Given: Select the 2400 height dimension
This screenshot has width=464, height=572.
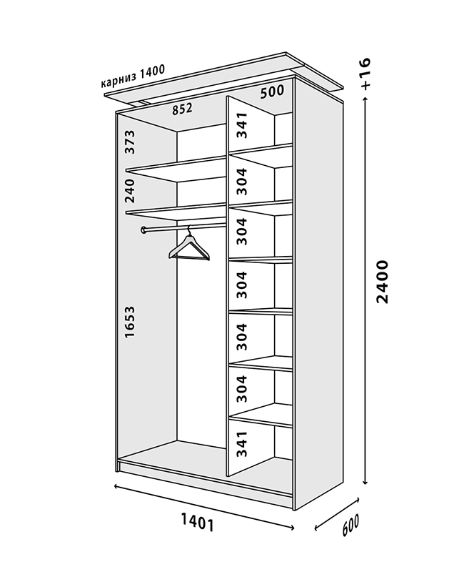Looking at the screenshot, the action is click(383, 282).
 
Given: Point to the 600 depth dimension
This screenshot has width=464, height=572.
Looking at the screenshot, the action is click(350, 525).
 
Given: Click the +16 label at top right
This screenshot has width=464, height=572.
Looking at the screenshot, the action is click(365, 73).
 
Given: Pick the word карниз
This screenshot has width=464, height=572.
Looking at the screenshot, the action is click(118, 80).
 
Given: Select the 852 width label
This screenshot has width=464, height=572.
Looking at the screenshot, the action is click(182, 109).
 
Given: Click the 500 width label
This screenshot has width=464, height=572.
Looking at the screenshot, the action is click(272, 92).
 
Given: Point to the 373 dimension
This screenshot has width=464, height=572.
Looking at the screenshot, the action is click(130, 142).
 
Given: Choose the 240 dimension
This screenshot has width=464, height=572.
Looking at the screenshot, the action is click(130, 191).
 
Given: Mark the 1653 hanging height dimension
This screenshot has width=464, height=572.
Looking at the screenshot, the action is click(130, 322).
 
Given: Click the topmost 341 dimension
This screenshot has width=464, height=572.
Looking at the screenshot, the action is click(242, 125).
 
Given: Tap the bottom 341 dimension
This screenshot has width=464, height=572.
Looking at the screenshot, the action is click(242, 444).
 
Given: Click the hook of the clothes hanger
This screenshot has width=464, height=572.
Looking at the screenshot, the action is click(188, 230).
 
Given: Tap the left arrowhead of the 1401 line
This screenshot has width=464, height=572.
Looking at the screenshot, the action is click(116, 486).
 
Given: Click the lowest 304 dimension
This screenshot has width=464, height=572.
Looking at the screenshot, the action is click(242, 389).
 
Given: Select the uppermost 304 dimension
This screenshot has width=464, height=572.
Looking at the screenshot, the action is click(242, 182).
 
